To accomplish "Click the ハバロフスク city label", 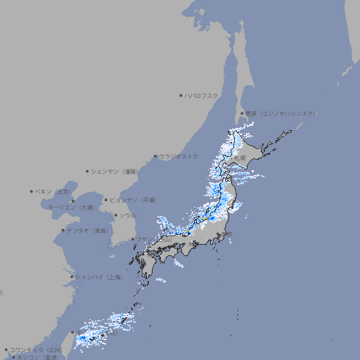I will click(x=202, y=95).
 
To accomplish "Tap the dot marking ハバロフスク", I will click(x=181, y=95).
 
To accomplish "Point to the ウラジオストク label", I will click(x=179, y=156).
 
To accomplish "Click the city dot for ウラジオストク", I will click(x=155, y=157).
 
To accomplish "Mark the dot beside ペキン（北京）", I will click(x=32, y=191).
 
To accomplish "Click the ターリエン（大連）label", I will click(x=71, y=207).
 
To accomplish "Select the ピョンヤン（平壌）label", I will click(x=134, y=200).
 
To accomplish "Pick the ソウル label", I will click(x=127, y=215).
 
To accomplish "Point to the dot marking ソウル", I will click(x=115, y=216).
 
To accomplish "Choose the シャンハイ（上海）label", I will click(x=98, y=277).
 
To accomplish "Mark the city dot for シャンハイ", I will click(x=72, y=277).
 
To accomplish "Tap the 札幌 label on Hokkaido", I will click(x=240, y=159).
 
